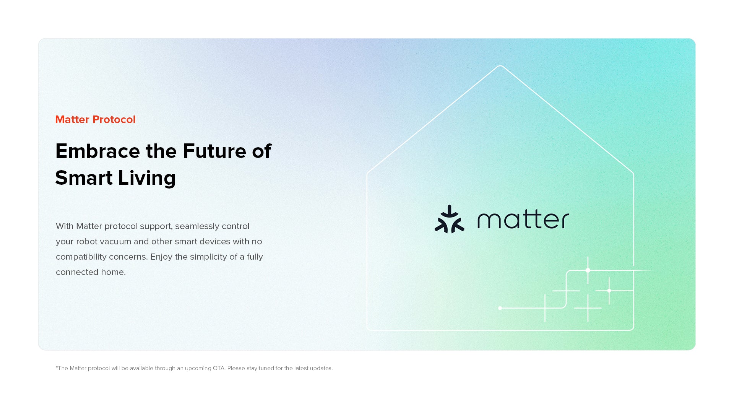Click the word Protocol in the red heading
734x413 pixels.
114,120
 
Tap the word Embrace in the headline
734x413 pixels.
98,151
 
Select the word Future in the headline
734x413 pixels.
214,151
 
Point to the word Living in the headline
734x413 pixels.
147,178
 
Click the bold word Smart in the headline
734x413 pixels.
84,178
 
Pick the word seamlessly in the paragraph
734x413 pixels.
197,226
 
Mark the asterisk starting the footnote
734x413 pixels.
57,367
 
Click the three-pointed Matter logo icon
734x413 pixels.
450,220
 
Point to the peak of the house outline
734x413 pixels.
500,66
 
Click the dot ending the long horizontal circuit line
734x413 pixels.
500,308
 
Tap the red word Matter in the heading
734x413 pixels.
73,120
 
